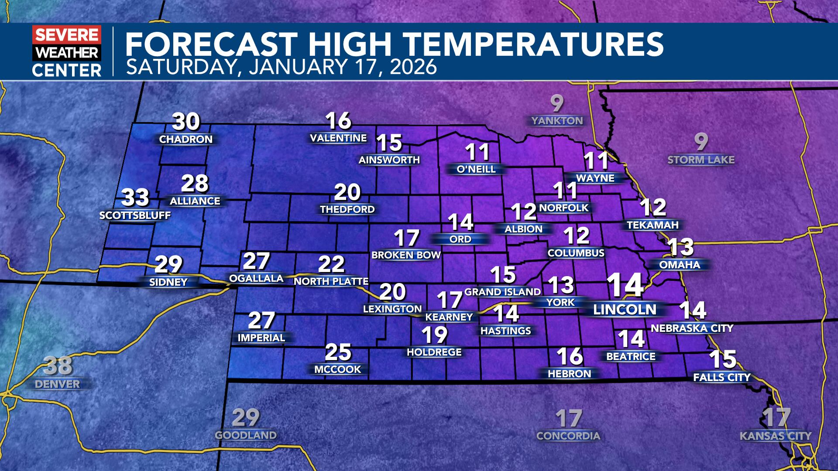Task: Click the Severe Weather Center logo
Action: pos(67,51)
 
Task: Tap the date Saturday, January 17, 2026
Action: pos(282,67)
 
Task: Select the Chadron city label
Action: pos(186,140)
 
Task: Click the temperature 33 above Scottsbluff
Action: pos(135,198)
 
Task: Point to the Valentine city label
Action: pos(338,138)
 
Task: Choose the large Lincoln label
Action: pos(625,310)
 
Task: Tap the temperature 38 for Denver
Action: pos(58,366)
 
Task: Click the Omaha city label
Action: pos(680,265)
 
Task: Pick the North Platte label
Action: pos(331,282)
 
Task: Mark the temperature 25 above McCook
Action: pos(338,352)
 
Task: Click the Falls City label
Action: pos(722,377)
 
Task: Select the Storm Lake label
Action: pos(701,160)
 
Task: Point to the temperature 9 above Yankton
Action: pos(557,104)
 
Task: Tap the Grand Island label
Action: pos(503,292)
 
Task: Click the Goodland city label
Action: pos(246,435)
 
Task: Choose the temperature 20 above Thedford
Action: pos(347,192)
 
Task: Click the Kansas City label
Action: pos(776,436)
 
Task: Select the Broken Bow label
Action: pos(406,255)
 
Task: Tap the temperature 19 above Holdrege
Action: pos(435,335)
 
